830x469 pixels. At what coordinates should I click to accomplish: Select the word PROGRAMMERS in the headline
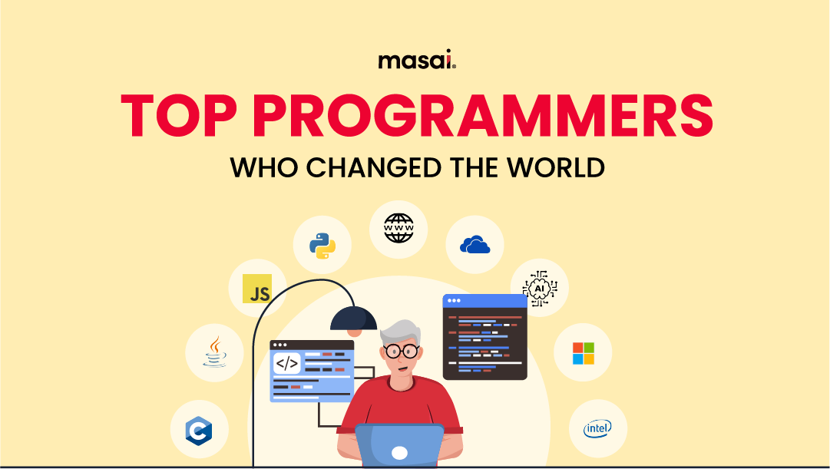pos(483,117)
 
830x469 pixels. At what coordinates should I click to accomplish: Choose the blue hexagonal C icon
pos(199,429)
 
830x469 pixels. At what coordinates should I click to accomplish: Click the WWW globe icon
pos(398,228)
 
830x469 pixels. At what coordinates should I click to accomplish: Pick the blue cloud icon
pos(475,245)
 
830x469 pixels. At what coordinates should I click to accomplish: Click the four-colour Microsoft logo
pos(583,353)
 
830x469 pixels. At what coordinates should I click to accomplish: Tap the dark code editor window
pos(484,337)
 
